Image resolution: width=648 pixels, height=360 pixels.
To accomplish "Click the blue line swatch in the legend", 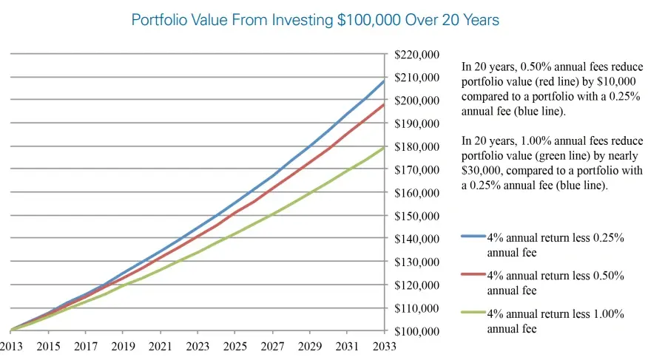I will [x=473, y=237].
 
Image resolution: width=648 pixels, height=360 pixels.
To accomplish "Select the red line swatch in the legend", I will [x=473, y=275].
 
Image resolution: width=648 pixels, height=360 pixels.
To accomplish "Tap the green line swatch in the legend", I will [x=473, y=313].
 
